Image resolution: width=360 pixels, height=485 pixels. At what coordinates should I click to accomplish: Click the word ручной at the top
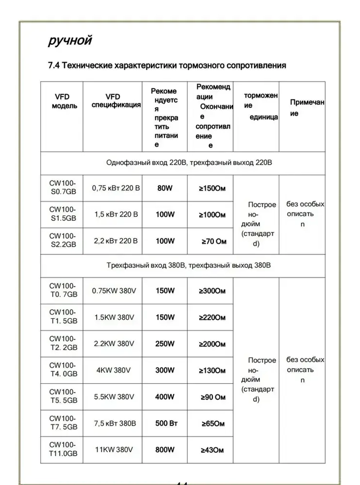point(70,41)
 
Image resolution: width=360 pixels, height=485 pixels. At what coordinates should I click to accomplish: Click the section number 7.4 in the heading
point(54,66)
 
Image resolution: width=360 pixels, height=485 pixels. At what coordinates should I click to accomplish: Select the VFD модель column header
point(64,101)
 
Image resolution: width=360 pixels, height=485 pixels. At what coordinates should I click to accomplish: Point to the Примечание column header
point(306,107)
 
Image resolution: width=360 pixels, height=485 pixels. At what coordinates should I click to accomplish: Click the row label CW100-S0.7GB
point(63,187)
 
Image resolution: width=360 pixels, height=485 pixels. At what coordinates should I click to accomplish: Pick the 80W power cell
point(165,188)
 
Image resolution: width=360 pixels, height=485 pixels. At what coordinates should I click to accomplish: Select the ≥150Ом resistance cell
point(212,188)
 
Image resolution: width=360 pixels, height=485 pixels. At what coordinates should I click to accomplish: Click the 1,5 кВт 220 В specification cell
point(116,214)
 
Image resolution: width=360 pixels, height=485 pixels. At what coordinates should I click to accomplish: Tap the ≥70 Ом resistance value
point(213,241)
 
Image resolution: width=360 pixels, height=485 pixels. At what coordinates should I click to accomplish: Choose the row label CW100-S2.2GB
point(63,240)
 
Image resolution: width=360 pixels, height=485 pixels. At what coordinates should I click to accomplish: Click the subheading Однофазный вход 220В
point(146,163)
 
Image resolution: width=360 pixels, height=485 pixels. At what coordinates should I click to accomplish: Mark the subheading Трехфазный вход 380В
point(146,266)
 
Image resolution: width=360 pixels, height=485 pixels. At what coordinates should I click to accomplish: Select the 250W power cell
point(165,344)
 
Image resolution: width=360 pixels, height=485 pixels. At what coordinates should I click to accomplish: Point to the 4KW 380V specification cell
point(113,370)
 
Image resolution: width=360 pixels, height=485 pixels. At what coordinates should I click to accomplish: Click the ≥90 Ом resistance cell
point(213,397)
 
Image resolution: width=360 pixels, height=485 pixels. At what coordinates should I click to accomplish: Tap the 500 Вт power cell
point(166,423)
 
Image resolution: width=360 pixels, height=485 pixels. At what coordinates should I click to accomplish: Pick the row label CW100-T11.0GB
point(63,449)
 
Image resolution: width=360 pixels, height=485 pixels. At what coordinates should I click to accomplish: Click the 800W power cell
point(165,450)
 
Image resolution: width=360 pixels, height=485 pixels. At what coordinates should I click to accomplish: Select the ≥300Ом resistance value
point(212,291)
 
